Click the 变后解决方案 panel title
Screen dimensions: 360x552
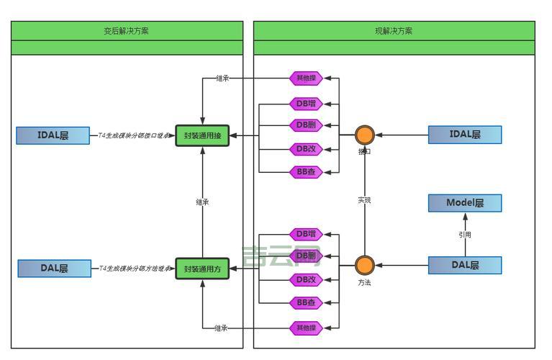(127, 31)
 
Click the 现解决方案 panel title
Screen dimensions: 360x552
(394, 31)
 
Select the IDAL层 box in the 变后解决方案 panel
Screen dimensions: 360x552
(53, 135)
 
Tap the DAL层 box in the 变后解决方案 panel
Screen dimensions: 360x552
(54, 269)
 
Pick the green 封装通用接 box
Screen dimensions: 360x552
(202, 135)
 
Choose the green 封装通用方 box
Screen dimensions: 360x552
(202, 269)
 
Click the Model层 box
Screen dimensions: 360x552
(464, 203)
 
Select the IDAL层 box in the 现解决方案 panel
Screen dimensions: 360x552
(464, 135)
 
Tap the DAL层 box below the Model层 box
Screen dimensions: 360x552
(464, 265)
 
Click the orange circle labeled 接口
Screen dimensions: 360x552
(365, 135)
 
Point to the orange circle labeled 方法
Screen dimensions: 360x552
(365, 265)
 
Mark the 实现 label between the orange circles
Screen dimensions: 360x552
(365, 200)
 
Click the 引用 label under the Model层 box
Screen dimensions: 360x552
(465, 235)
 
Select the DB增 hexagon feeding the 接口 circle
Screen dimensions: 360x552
(306, 104)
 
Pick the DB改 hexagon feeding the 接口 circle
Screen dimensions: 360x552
(306, 150)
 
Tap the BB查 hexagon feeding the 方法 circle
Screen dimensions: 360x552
(306, 303)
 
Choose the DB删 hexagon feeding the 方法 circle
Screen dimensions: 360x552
(306, 256)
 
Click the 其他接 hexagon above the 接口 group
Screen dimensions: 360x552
(306, 78)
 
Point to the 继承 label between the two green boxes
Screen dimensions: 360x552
(202, 202)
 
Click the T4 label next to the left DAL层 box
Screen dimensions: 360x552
(135, 269)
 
